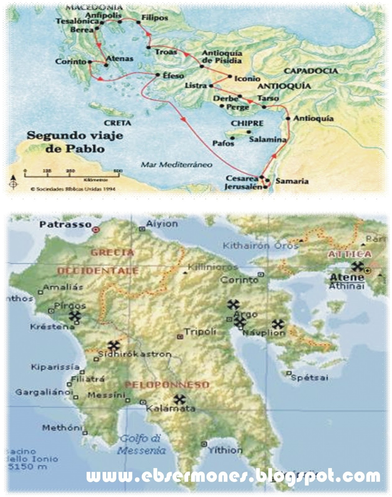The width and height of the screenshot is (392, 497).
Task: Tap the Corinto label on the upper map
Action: pyautogui.click(x=71, y=62)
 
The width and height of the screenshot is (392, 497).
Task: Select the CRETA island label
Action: pyautogui.click(x=117, y=123)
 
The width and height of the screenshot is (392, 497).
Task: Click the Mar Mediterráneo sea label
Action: pyautogui.click(x=177, y=164)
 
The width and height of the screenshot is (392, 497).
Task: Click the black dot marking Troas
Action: pyautogui.click(x=148, y=47)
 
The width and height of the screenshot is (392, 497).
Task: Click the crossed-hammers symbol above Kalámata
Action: pyautogui.click(x=179, y=399)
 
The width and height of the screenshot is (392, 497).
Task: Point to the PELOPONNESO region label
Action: pyautogui.click(x=167, y=385)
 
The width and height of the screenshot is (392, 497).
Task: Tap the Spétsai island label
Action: pyautogui.click(x=309, y=378)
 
